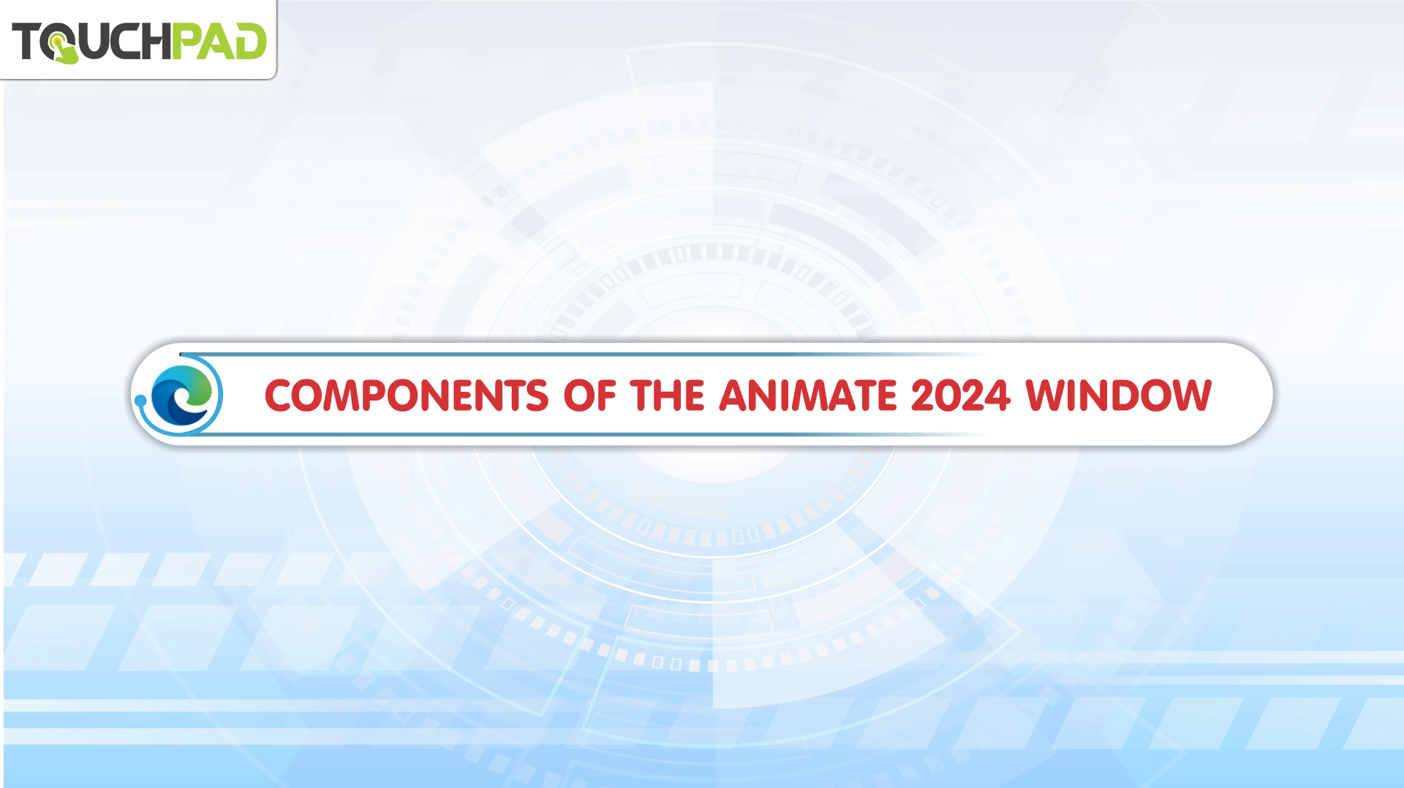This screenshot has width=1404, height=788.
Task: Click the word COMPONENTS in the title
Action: tap(406, 395)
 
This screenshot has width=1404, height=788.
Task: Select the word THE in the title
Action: tap(668, 395)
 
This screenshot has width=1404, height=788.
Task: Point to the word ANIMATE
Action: tap(807, 395)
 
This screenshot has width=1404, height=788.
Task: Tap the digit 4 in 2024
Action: tap(1000, 395)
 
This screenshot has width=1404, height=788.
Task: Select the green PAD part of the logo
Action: tap(219, 41)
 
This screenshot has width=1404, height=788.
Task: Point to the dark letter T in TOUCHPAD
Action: tap(26, 41)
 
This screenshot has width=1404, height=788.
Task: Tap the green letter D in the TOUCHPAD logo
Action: tap(250, 41)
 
